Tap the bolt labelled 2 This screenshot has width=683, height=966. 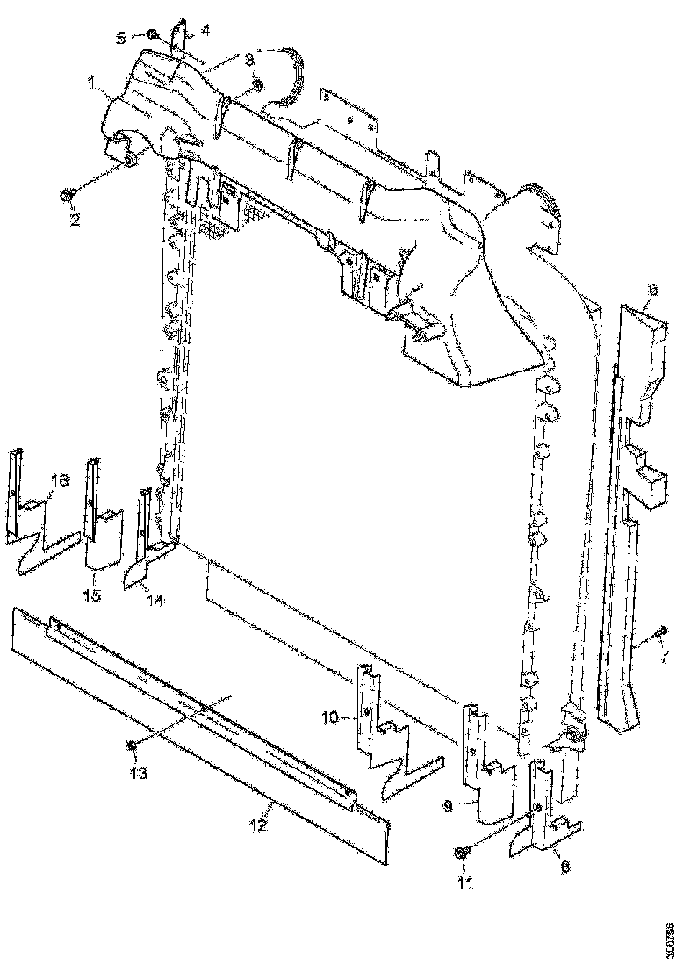click(68, 194)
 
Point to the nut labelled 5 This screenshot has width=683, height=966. click(152, 35)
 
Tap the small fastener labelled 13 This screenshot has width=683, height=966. click(132, 745)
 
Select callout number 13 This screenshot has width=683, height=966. click(136, 773)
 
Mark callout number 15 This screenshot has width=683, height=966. click(92, 595)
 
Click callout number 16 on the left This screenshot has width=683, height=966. click(60, 480)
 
